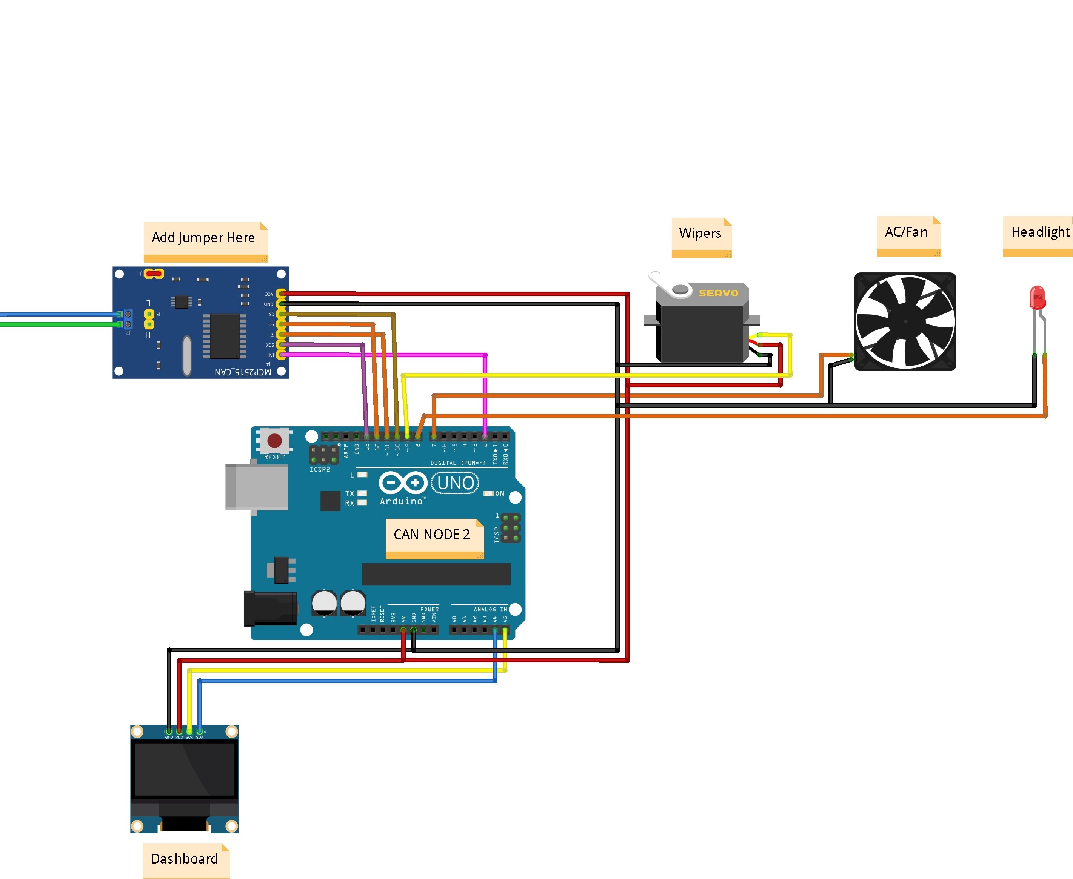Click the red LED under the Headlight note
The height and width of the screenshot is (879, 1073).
click(1036, 297)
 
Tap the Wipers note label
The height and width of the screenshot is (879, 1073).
click(700, 234)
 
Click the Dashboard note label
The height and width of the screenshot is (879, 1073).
click(185, 859)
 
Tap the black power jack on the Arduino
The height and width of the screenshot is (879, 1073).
click(270, 608)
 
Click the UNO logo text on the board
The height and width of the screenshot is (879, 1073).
click(456, 483)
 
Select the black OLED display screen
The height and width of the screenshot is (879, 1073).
click(185, 770)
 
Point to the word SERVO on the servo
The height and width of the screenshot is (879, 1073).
click(718, 293)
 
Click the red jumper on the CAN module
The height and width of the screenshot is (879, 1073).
click(154, 274)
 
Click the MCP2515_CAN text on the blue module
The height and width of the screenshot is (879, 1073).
click(243, 372)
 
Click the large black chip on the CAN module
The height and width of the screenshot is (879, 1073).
click(225, 336)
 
